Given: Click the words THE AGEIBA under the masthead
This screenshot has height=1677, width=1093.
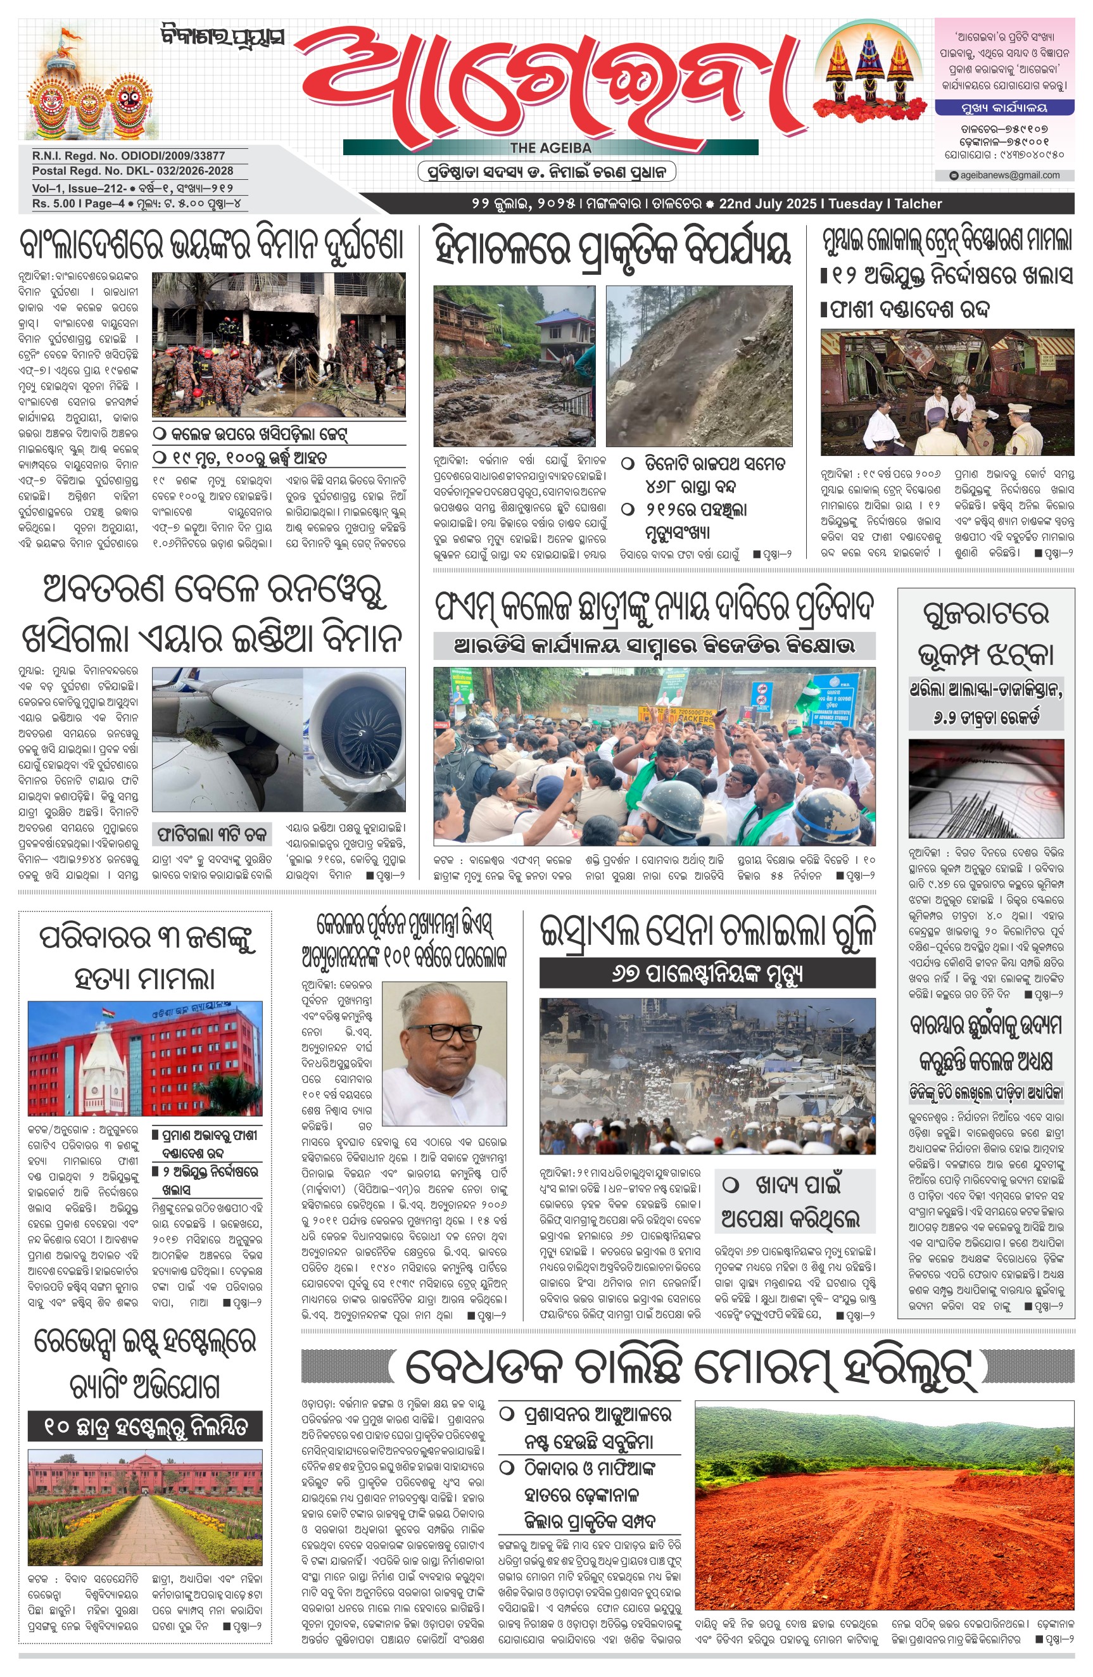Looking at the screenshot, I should pos(550,148).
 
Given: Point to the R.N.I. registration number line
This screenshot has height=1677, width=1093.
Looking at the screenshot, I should pos(129,156).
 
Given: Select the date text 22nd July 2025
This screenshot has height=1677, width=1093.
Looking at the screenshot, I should pos(768,204).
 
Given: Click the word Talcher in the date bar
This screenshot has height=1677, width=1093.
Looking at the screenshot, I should pos(918,204).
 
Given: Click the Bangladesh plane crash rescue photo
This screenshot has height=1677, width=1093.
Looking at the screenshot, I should pos(279,345).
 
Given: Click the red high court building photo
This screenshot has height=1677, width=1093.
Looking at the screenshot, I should pos(144,1058).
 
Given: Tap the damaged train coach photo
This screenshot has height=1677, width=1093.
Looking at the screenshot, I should pos(947,392).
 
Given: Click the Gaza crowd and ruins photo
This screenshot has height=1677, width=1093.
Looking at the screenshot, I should pos(707,1075).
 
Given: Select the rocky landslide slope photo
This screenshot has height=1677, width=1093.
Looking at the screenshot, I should pos(698,365).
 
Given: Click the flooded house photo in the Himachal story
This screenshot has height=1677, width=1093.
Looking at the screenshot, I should pos(514,365).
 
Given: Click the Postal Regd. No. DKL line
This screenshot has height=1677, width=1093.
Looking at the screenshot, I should pos(132,170).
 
